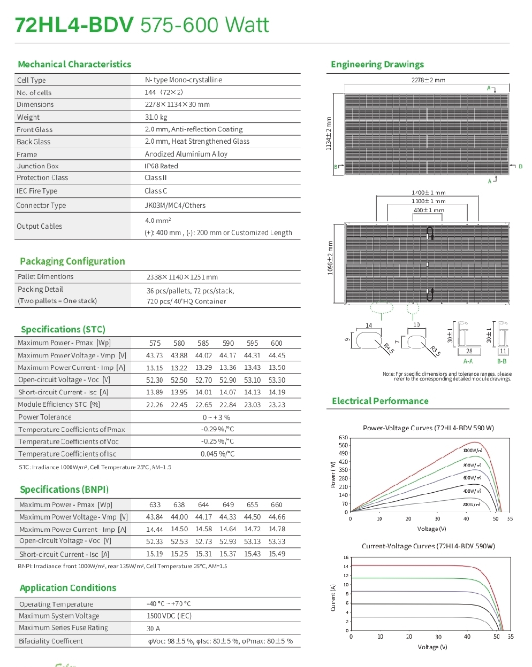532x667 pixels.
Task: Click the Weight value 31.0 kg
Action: tap(156, 117)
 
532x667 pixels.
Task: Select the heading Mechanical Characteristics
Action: tap(74, 64)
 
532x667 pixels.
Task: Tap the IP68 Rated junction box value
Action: tap(161, 166)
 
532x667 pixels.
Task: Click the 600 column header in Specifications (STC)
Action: tap(276, 343)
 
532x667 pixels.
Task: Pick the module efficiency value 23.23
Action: tap(277, 405)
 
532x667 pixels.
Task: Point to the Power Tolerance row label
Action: tap(44, 417)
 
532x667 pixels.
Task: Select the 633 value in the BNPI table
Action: tap(155, 505)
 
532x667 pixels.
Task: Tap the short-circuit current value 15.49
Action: tap(277, 554)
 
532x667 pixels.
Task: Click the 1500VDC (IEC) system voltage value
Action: tap(169, 616)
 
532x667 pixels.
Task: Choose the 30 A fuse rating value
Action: tap(153, 629)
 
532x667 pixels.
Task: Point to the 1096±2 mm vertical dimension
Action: tap(330, 258)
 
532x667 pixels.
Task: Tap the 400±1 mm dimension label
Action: tap(429, 210)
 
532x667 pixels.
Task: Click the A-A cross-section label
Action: tap(468, 361)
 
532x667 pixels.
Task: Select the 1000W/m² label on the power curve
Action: tap(472, 451)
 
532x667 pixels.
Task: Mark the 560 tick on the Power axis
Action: tap(343, 445)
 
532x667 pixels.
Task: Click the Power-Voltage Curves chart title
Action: tap(428, 428)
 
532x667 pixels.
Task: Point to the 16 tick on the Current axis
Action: tap(346, 557)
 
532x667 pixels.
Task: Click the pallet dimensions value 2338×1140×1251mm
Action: tap(182, 277)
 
